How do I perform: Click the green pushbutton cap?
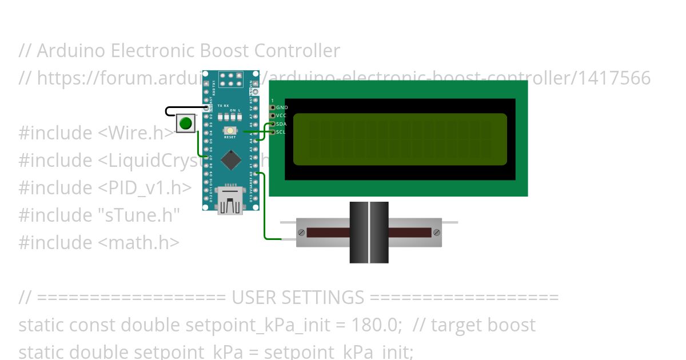(185, 123)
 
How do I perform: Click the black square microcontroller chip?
(230, 160)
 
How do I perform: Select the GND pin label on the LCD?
(282, 107)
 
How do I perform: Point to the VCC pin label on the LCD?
(282, 115)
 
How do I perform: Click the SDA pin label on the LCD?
(282, 124)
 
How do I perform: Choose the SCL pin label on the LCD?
(281, 132)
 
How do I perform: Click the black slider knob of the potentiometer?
(369, 232)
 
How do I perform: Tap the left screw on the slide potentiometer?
(301, 232)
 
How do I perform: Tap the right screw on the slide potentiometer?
(437, 232)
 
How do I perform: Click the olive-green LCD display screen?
(400, 139)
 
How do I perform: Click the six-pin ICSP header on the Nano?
(230, 79)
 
